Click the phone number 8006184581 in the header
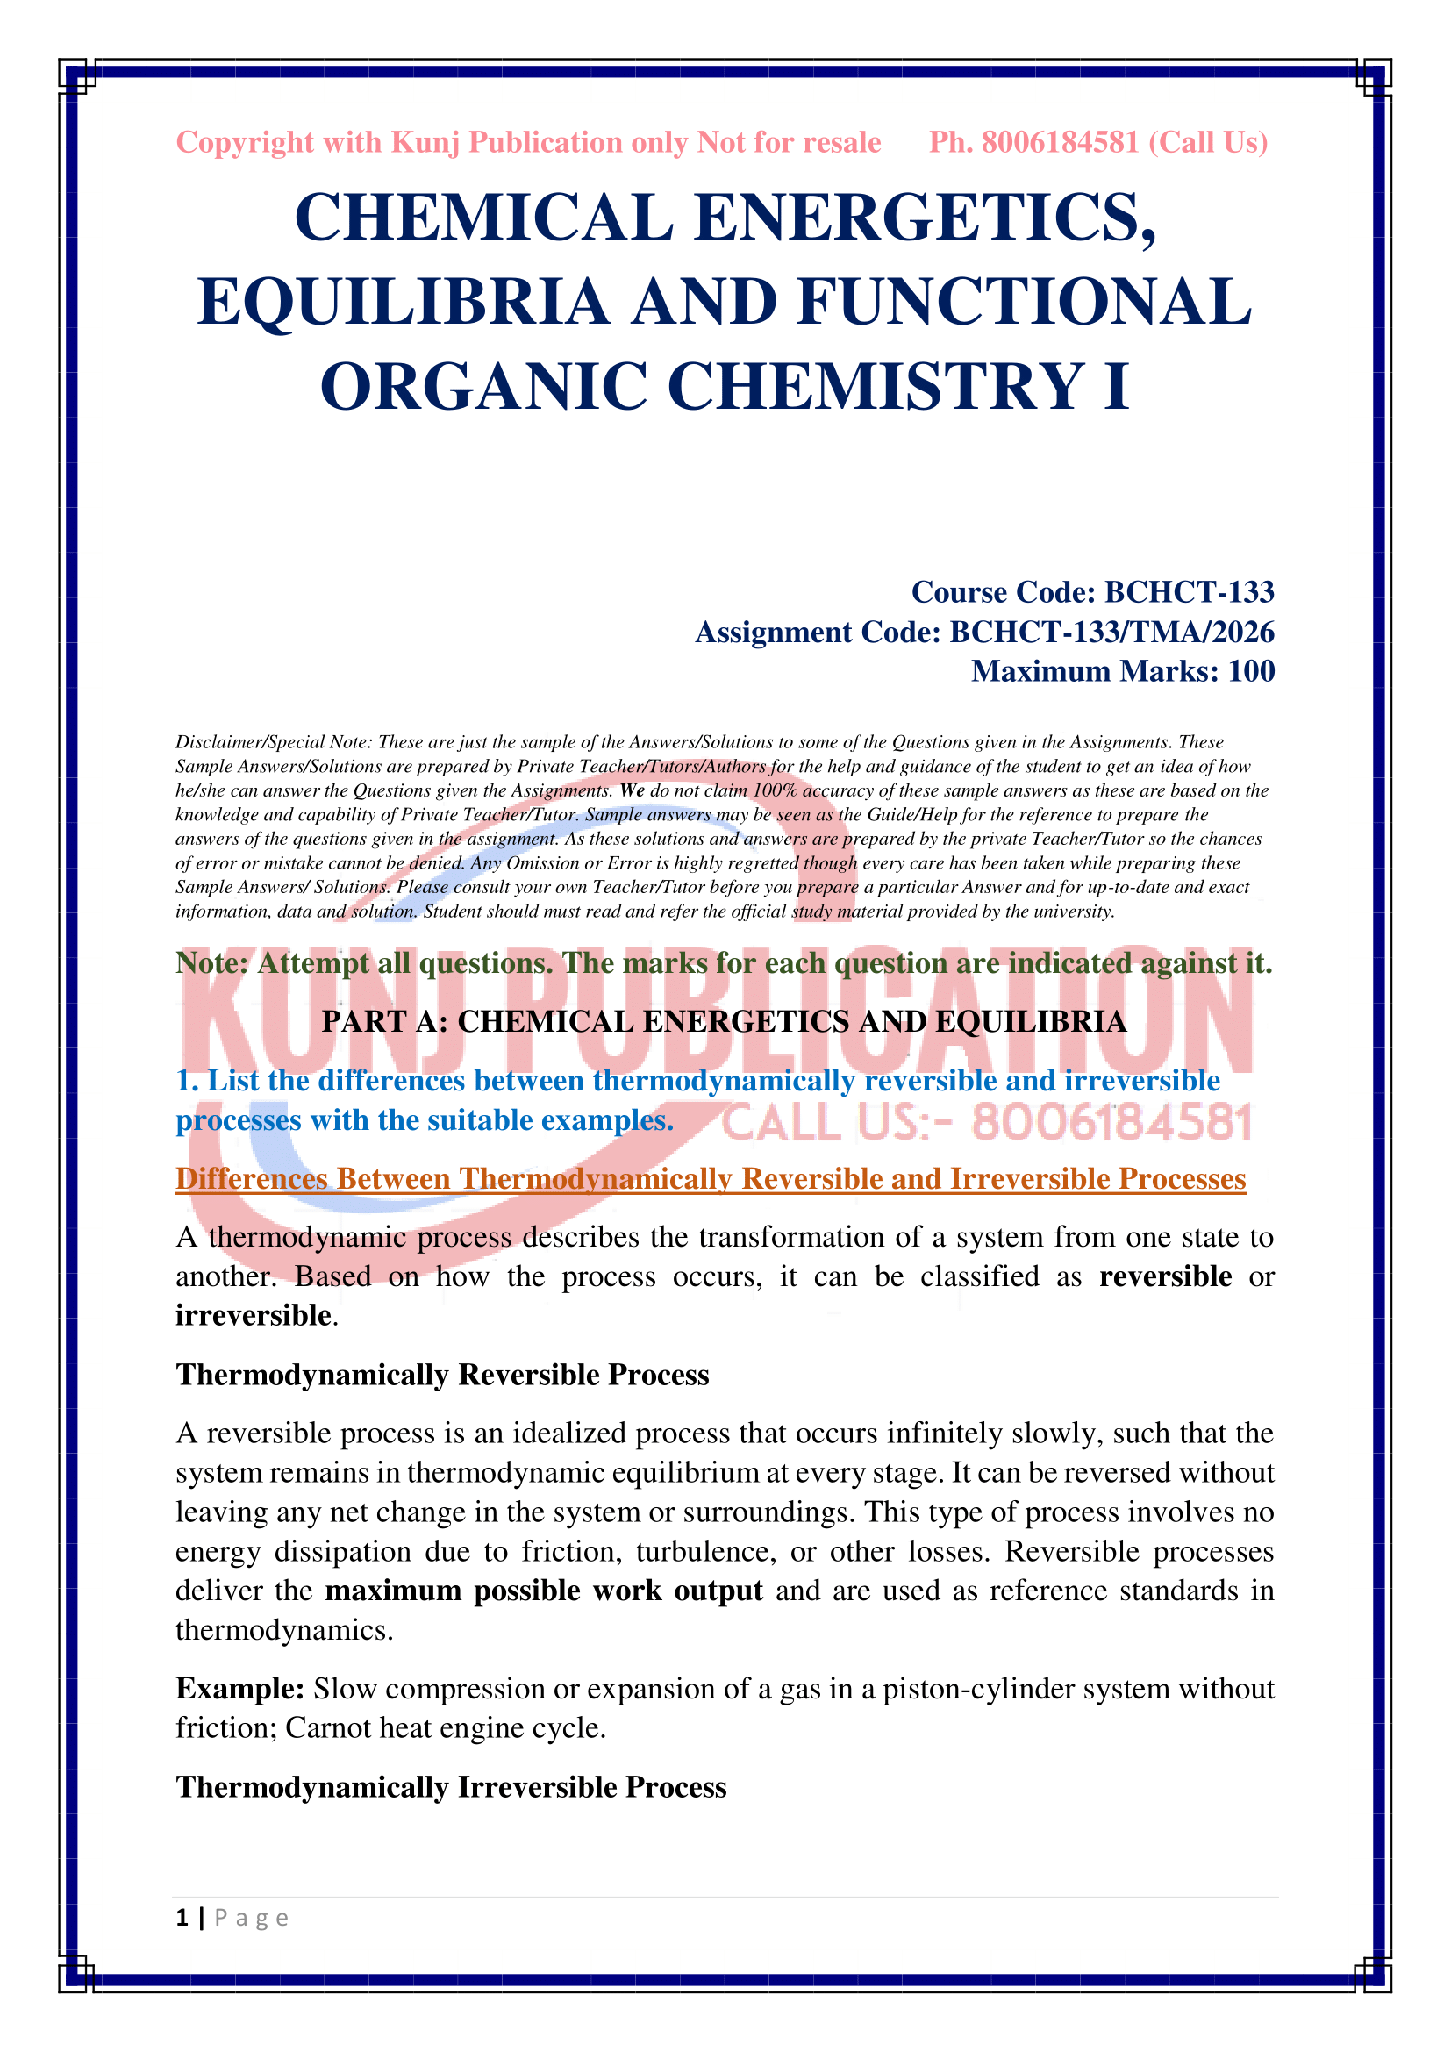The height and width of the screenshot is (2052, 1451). click(x=1060, y=143)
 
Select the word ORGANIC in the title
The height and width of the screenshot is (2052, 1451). click(x=482, y=387)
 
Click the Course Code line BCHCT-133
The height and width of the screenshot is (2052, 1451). click(x=1092, y=591)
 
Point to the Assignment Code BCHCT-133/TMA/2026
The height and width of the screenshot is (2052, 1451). click(x=984, y=632)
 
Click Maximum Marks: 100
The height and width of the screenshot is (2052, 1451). click(x=1122, y=671)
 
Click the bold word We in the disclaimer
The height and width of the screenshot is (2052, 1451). click(x=632, y=791)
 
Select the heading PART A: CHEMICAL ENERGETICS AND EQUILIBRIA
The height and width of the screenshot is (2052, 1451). click(x=724, y=1021)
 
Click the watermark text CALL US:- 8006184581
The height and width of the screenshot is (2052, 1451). click(x=986, y=1124)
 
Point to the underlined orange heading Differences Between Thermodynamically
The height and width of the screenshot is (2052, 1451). click(x=711, y=1179)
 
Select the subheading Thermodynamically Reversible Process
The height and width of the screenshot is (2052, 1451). click(x=442, y=1375)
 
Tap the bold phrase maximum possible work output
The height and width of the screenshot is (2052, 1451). click(x=543, y=1591)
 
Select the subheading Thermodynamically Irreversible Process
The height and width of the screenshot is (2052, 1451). click(x=451, y=1787)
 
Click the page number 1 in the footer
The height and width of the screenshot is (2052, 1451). click(x=182, y=1918)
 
